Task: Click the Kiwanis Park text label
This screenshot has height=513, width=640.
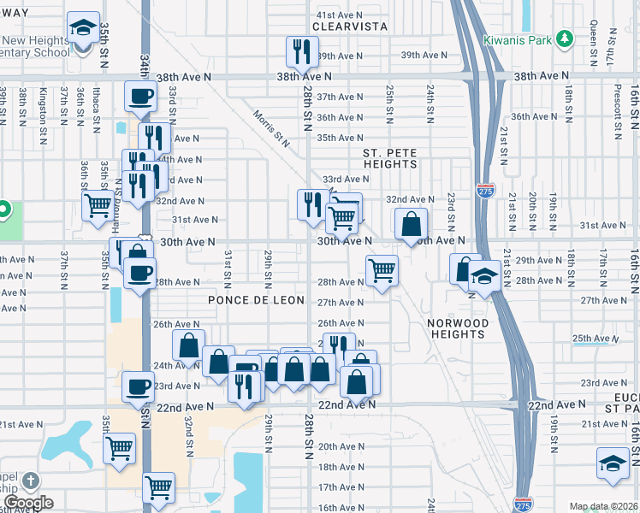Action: click(517, 40)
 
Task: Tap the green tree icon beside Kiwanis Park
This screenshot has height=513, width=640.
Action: click(564, 39)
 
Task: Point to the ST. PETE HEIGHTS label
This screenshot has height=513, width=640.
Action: click(390, 158)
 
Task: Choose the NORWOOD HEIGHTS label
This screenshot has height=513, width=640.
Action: click(458, 328)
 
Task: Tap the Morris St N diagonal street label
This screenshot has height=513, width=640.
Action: click(271, 125)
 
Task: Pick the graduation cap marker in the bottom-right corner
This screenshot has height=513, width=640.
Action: click(613, 463)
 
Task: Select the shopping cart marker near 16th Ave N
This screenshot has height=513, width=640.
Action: click(159, 487)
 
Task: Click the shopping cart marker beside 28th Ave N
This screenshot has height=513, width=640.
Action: click(382, 270)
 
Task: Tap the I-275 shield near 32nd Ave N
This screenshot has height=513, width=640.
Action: click(485, 192)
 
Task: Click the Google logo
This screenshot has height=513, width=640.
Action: click(27, 503)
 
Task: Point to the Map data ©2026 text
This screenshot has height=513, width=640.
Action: click(603, 506)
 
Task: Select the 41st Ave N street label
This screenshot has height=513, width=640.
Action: click(340, 15)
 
